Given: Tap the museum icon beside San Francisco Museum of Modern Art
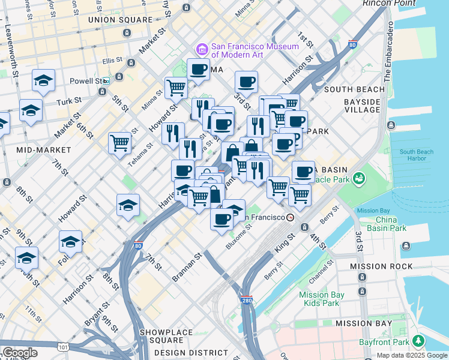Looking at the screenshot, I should tap(202, 48).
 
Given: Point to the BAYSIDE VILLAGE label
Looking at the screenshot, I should tap(363, 106).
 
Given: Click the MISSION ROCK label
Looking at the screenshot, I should tap(383, 266).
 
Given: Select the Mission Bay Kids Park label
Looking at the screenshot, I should tap(322, 299).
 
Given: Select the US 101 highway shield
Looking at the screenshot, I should tap(64, 346).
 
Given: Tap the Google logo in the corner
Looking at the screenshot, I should tap(20, 353).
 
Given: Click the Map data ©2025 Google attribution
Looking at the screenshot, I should tap(412, 355).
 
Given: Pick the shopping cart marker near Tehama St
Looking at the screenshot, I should tap(119, 143).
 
